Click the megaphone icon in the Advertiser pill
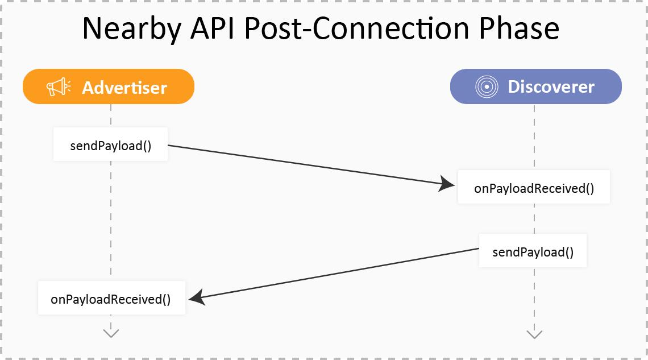59,87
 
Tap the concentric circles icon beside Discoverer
486,86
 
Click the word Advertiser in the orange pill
124,87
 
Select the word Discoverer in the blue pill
551,86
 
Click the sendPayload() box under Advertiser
111,145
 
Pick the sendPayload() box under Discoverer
533,252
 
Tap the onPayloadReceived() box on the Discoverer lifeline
534,188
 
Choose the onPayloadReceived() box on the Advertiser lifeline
111,299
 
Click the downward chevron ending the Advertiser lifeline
111,332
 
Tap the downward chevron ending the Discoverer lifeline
534,333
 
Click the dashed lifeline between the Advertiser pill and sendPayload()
111,115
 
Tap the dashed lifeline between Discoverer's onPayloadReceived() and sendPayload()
534,218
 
